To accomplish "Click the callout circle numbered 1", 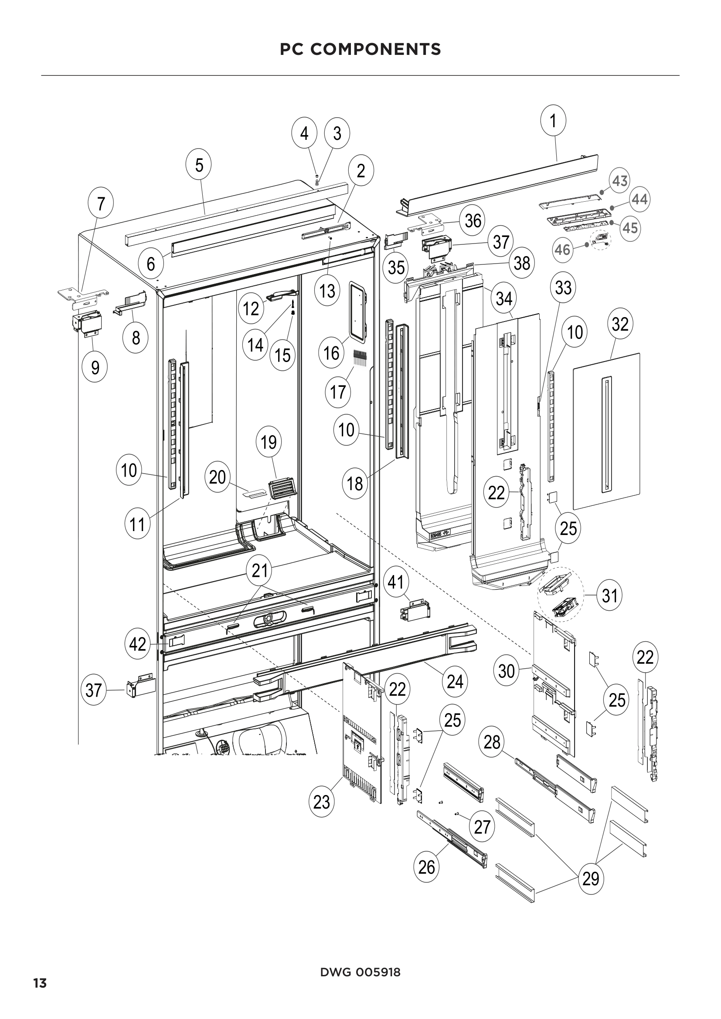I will [x=553, y=121].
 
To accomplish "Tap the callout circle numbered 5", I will [x=199, y=165].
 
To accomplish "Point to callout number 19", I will [x=269, y=442].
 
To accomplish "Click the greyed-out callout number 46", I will [x=562, y=250].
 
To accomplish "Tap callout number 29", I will [x=591, y=878].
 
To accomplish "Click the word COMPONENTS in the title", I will [x=376, y=49].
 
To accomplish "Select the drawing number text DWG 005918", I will [x=360, y=972].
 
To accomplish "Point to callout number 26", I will [x=426, y=867].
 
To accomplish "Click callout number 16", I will [x=331, y=353].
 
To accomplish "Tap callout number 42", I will [x=137, y=644].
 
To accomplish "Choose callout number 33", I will [x=563, y=288].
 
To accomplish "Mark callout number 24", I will [x=455, y=681].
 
